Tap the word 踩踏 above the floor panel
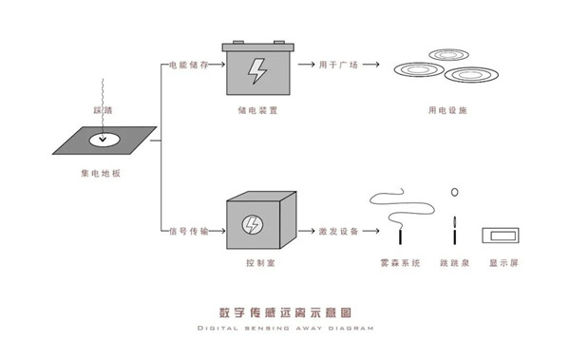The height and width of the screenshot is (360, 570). pos(103,111)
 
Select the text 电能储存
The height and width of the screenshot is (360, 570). pos(185,66)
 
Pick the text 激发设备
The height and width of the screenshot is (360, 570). pos(340,230)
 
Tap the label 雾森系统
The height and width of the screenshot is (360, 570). pos(398,263)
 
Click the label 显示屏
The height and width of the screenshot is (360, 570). pos(503,263)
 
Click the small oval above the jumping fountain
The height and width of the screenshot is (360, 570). pos(455,192)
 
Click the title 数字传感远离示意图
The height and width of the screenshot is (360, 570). pos(285,312)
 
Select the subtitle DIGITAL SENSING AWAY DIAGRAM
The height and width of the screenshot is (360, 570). pos(285,329)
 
